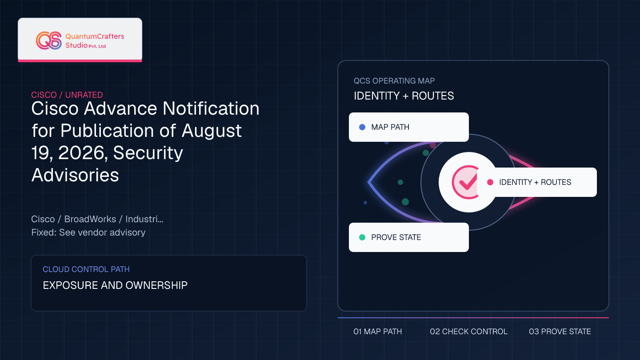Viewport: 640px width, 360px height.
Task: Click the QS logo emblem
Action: [49, 40]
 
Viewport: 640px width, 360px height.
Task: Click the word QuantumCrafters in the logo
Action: [95, 36]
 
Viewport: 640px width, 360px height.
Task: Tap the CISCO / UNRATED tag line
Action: [67, 95]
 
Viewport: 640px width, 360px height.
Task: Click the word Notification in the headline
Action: [211, 108]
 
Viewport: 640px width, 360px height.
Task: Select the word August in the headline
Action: [212, 131]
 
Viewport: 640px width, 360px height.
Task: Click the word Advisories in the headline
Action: [75, 175]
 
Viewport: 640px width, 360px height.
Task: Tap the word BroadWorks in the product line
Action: [90, 219]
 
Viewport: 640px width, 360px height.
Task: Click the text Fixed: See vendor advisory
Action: [88, 232]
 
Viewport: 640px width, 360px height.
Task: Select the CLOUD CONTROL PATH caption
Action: [86, 269]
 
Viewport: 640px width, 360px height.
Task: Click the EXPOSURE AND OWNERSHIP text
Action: [115, 285]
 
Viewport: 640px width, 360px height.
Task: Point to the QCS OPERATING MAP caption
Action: [394, 81]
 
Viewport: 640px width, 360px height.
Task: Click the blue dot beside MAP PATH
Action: [362, 127]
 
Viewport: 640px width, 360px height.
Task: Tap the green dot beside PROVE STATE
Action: [362, 237]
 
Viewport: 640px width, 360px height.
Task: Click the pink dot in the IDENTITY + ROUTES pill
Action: [490, 182]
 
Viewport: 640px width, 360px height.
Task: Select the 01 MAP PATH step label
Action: [378, 332]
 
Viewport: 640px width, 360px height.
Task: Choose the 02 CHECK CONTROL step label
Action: [468, 332]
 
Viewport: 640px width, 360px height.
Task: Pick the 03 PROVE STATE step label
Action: [560, 332]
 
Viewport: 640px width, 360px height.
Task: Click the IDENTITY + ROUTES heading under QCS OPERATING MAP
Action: [404, 96]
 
